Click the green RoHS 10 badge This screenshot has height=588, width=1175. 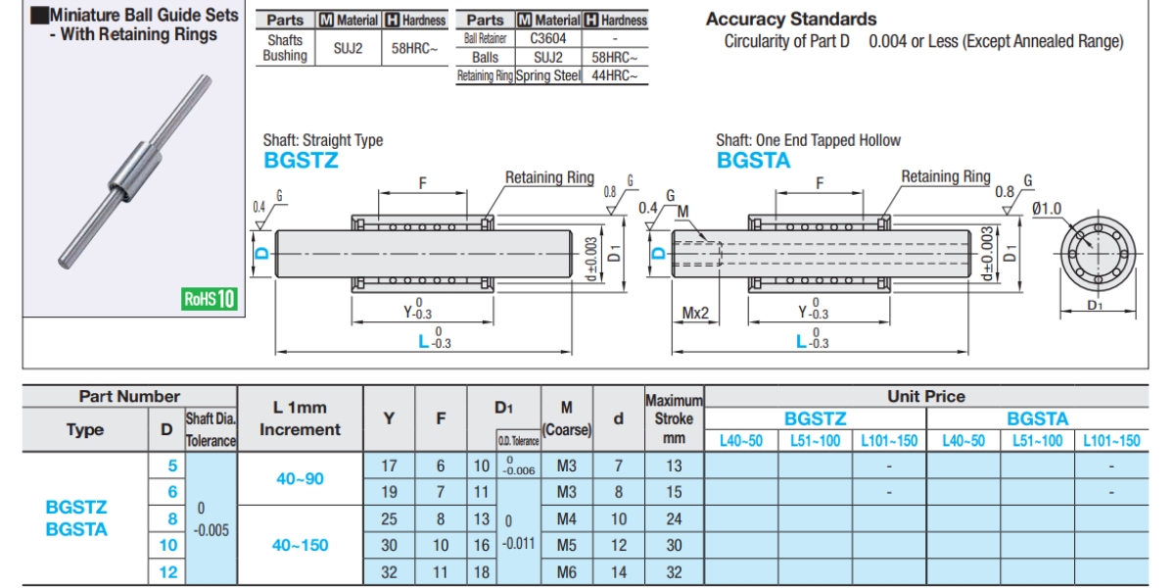210,299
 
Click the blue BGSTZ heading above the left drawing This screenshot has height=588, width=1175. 301,160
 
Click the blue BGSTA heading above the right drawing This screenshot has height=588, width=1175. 753,160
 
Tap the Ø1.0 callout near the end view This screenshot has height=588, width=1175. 1047,209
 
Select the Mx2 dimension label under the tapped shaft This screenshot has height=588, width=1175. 695,313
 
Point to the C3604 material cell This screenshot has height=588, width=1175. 548,38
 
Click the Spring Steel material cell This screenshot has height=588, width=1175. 548,75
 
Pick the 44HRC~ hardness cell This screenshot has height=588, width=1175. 615,75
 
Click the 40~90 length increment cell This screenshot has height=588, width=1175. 300,479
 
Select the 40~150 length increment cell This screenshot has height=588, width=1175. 300,545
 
